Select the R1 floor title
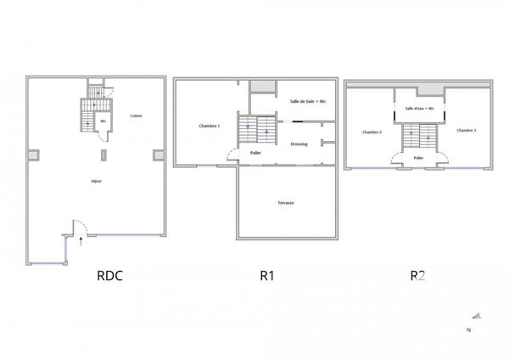tap(268, 275)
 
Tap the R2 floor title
tap(417, 275)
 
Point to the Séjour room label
tap(97, 182)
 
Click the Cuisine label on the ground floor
tap(136, 116)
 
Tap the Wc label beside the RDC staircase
tap(103, 121)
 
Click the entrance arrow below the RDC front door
tap(81, 241)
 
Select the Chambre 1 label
tap(210, 127)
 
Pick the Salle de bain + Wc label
tap(307, 102)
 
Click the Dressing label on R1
tap(299, 144)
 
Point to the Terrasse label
tap(285, 203)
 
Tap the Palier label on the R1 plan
tap(255, 153)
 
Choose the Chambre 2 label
tap(372, 132)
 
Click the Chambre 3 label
tap(466, 130)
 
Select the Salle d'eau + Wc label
tap(419, 109)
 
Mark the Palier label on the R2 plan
tap(418, 158)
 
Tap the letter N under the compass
tap(468, 329)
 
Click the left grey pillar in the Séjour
tap(33, 155)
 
